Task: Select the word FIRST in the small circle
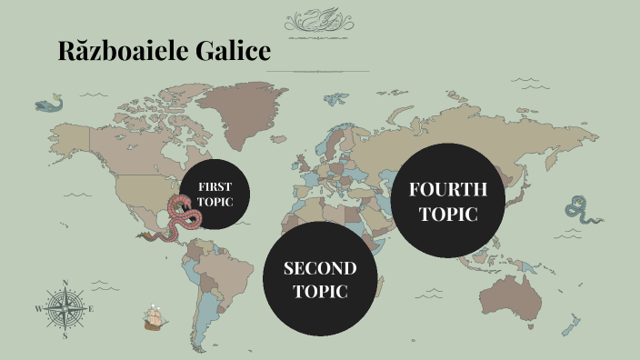215,186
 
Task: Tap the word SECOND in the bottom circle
319,268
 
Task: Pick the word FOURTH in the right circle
448,190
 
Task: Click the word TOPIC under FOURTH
448,215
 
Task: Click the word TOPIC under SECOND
319,292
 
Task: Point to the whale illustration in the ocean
51,105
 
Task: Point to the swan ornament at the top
319,21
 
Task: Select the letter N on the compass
65,283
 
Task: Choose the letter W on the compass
38,309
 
